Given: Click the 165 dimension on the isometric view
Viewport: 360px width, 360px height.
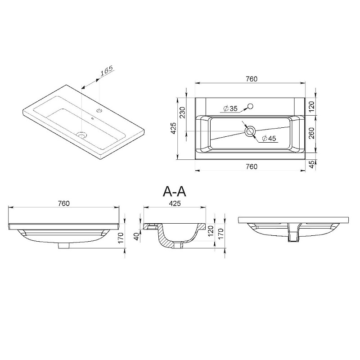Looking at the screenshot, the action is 107,71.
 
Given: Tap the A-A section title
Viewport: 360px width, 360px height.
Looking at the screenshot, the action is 174,192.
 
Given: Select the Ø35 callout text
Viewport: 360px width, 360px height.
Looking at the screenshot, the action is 230,108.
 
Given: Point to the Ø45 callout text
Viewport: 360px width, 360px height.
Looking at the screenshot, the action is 269,139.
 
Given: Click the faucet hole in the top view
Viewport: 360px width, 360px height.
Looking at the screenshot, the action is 250,106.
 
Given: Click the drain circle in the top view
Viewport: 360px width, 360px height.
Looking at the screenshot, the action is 250,131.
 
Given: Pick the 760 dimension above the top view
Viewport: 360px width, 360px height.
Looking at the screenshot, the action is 252,79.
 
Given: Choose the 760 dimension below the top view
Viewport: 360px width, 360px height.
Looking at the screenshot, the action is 252,166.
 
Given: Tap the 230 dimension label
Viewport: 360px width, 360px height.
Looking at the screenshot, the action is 182,112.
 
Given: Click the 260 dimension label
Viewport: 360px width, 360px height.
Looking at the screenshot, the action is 311,133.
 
